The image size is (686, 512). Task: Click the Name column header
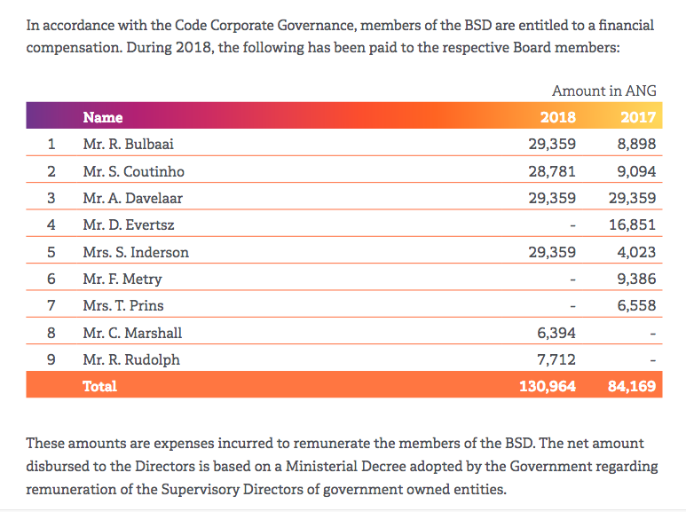[x=103, y=117]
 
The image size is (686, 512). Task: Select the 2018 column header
[x=557, y=117]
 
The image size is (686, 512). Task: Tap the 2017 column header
[x=637, y=117]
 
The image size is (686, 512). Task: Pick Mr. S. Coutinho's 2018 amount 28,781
[x=551, y=171]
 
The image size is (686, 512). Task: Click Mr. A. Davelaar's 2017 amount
[x=632, y=198]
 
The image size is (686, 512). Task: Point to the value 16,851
[x=632, y=225]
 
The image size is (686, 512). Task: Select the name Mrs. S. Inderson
[x=136, y=252]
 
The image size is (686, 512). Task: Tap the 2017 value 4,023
[x=636, y=252]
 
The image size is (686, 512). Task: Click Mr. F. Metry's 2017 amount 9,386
[x=636, y=280]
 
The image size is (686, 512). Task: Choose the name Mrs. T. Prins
[x=122, y=306]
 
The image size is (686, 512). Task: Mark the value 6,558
[x=636, y=306]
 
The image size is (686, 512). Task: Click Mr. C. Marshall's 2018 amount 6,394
[x=556, y=334]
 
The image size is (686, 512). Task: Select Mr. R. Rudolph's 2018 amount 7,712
[x=556, y=360]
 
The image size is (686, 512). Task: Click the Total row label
[x=99, y=386]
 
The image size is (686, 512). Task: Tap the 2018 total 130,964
[x=547, y=386]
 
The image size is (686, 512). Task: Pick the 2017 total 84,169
[x=632, y=386]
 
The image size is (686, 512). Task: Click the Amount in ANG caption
[x=603, y=91]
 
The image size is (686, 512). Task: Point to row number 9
[x=51, y=360]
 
